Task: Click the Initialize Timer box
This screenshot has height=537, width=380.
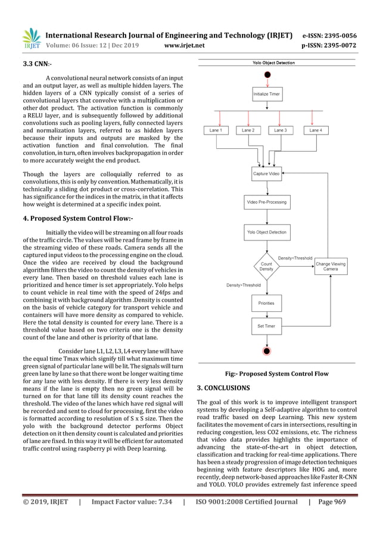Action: coord(266,94)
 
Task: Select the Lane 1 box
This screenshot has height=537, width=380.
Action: coord(216,130)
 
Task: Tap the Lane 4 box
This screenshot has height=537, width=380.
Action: coord(316,130)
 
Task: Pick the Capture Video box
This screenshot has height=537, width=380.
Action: coord(266,173)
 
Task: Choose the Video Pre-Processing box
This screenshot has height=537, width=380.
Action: coord(266,202)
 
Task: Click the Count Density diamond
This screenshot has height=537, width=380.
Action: coord(266,267)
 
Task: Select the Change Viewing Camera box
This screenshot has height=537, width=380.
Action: coord(331,266)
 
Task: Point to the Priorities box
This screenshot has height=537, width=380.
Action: coord(266,302)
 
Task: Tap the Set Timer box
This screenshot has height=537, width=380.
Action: coord(266,326)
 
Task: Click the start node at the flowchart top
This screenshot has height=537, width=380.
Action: coord(266,74)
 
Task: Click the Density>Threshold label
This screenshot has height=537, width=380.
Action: coord(243,285)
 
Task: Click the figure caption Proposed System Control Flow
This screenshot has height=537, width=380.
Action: coord(276,374)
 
